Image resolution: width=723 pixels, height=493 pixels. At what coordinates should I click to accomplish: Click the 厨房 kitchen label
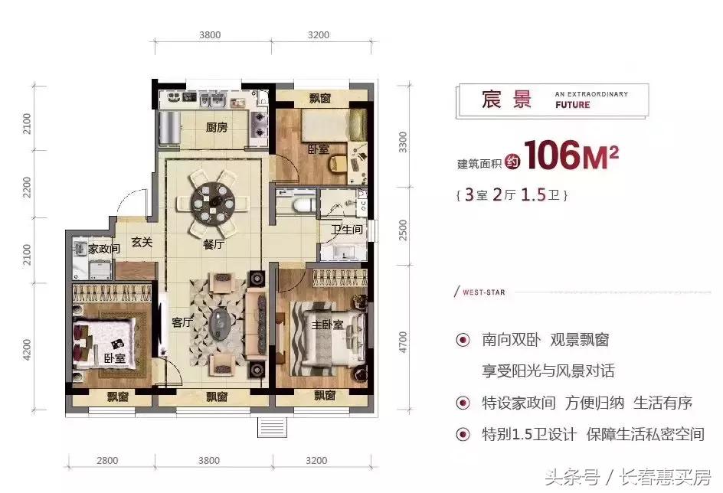tap(217, 128)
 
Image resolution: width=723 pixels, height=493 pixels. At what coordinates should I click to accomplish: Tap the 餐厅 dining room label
tap(214, 245)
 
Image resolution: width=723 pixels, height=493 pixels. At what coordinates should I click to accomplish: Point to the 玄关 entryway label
tap(142, 243)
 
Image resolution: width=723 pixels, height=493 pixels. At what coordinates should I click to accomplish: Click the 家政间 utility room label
tap(103, 249)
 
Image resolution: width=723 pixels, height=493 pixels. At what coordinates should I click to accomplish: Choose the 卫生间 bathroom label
tap(346, 230)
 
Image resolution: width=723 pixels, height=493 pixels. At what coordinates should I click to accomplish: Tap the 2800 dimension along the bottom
tap(108, 461)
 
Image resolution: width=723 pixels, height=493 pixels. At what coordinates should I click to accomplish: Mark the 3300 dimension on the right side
tap(404, 142)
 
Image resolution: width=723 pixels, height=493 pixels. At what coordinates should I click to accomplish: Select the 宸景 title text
tap(506, 100)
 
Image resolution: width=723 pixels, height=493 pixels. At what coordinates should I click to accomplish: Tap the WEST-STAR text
tap(482, 292)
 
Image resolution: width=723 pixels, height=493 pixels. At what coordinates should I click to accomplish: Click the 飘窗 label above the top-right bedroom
tap(320, 98)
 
